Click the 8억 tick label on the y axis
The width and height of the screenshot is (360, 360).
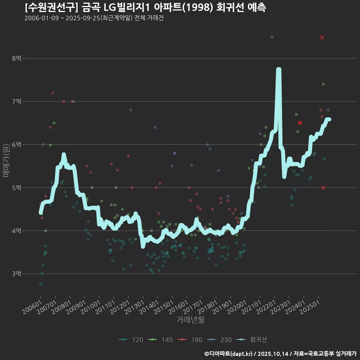pos(17,58)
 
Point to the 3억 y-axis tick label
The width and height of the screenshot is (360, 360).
pos(17,274)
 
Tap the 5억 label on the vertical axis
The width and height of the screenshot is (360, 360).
pos(17,187)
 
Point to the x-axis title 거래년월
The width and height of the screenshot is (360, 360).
pos(190,320)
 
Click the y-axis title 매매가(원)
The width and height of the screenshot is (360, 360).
pos(6,160)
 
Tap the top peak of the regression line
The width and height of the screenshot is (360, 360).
pos(279,70)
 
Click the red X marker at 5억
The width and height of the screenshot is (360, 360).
pos(323,187)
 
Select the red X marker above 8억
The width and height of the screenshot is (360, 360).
pos(322,37)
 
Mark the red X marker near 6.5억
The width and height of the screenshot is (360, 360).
pos(300,123)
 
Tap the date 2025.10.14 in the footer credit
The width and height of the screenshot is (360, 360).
pos(273,354)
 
